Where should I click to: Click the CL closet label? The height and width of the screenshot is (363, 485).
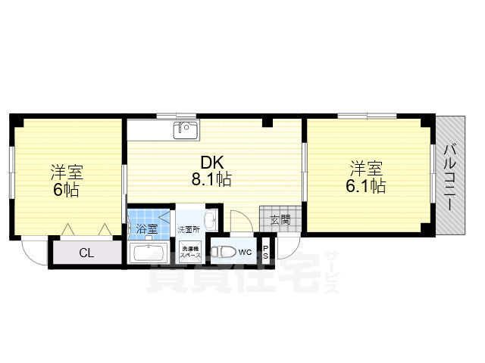pos(86,253)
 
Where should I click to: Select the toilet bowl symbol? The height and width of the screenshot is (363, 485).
pos(221,252)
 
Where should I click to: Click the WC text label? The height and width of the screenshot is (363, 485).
pos(246,252)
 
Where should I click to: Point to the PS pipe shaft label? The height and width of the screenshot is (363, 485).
pos(266,252)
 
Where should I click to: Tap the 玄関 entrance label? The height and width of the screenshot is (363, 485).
pos(280,220)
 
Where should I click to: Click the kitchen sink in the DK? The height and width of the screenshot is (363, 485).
pos(185,130)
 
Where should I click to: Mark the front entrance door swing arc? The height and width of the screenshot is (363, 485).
pos(288,248)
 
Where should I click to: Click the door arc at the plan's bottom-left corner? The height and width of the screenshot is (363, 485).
pos(33,251)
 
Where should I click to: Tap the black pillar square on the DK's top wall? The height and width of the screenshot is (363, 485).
pos(267,122)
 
